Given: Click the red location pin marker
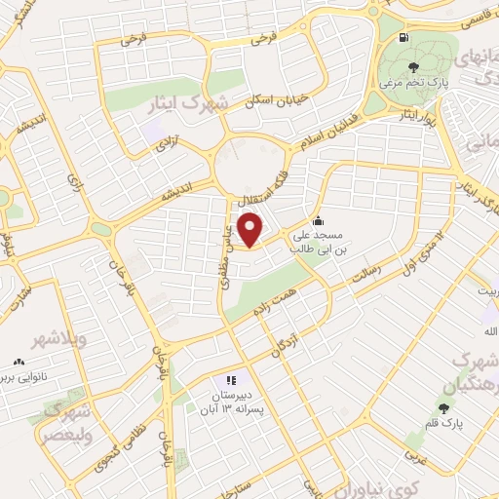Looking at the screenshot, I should (x=252, y=231).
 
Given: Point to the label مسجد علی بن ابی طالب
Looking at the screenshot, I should (x=319, y=243).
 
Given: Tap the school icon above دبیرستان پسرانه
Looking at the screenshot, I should (x=231, y=380).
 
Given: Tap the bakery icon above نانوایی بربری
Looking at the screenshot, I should (x=20, y=360).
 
